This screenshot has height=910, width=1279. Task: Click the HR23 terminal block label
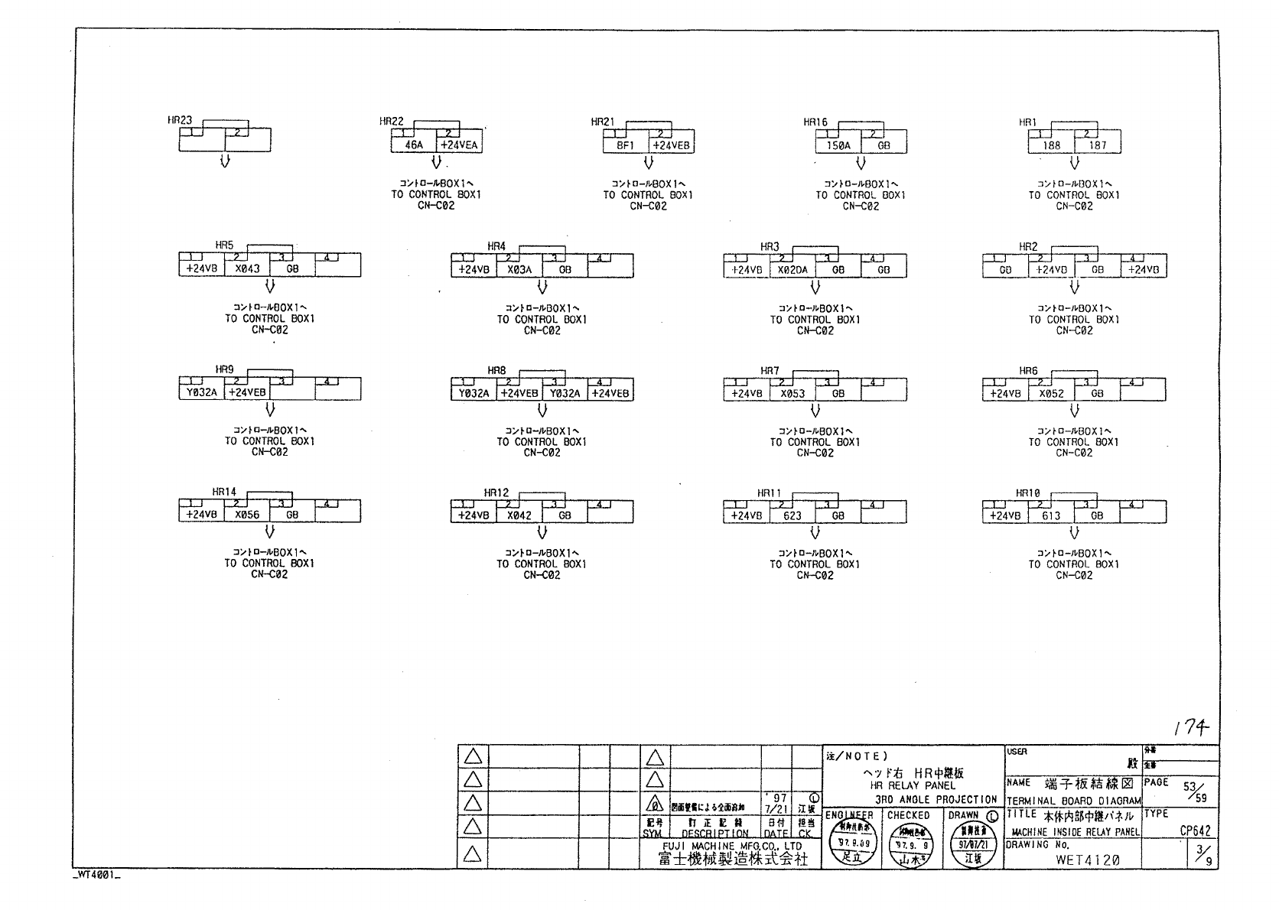click(180, 121)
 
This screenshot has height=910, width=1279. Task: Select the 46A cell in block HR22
click(414, 145)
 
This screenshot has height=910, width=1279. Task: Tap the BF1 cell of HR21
click(626, 145)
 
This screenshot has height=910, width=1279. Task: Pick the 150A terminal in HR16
click(838, 145)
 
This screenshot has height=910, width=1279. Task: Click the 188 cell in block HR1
click(1051, 145)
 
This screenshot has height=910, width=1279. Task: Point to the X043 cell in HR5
click(247, 269)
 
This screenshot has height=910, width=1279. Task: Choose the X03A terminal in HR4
click(519, 270)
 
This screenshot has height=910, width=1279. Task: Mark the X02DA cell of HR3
click(792, 270)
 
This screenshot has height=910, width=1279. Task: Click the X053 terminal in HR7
click(792, 394)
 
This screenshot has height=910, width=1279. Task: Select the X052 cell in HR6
click(1051, 394)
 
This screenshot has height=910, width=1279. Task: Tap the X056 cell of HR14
click(247, 515)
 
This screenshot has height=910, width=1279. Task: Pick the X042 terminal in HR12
click(519, 515)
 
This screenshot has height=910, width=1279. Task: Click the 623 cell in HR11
click(792, 516)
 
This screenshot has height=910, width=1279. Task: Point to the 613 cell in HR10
click(1051, 516)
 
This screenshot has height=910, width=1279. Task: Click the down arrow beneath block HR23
click(225, 161)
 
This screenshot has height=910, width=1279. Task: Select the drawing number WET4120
click(1087, 860)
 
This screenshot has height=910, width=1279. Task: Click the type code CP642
click(1194, 831)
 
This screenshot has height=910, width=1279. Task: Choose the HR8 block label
click(496, 370)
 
